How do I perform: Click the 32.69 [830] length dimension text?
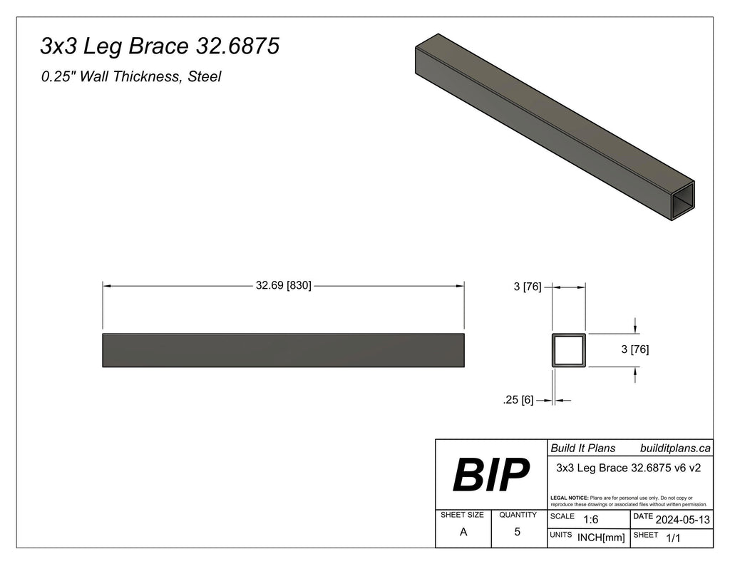283,286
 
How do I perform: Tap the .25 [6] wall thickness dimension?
518,401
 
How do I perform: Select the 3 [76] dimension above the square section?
528,287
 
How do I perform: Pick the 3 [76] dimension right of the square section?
634,349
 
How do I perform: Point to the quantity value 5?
518,532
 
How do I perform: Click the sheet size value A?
463,532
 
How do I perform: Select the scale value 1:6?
590,520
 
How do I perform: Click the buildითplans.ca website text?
674,448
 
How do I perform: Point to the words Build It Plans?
582,448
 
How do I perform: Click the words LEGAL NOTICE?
570,497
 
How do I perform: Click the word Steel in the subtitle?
204,77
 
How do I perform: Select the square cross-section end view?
569,350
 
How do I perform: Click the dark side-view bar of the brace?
283,350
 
